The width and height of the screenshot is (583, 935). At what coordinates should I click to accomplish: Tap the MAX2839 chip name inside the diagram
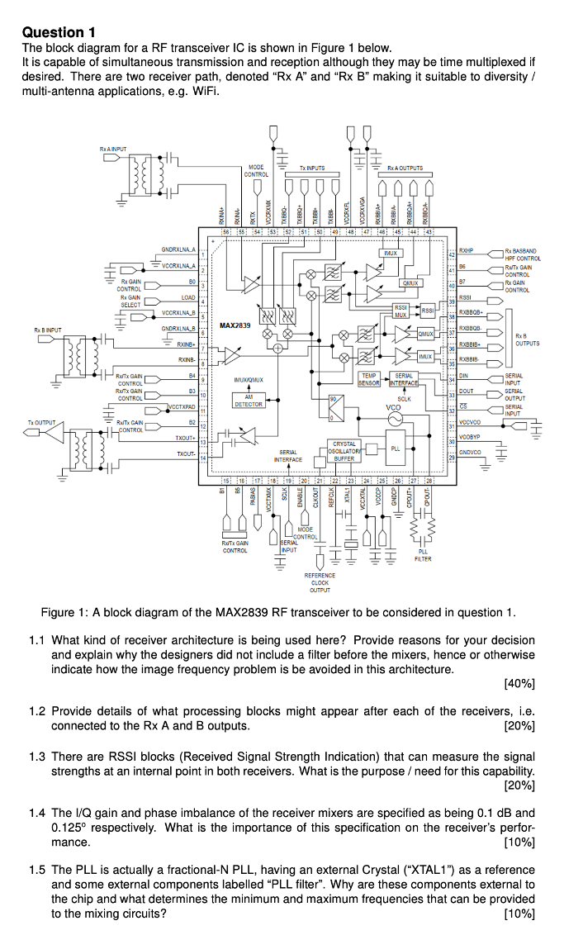[235, 325]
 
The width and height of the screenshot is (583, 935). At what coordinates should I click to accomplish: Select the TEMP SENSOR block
[368, 379]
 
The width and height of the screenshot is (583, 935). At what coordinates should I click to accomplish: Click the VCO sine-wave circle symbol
[394, 420]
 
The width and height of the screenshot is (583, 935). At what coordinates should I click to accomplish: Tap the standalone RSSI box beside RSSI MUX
[427, 310]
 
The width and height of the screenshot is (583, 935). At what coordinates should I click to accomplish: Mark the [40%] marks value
[519, 684]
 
